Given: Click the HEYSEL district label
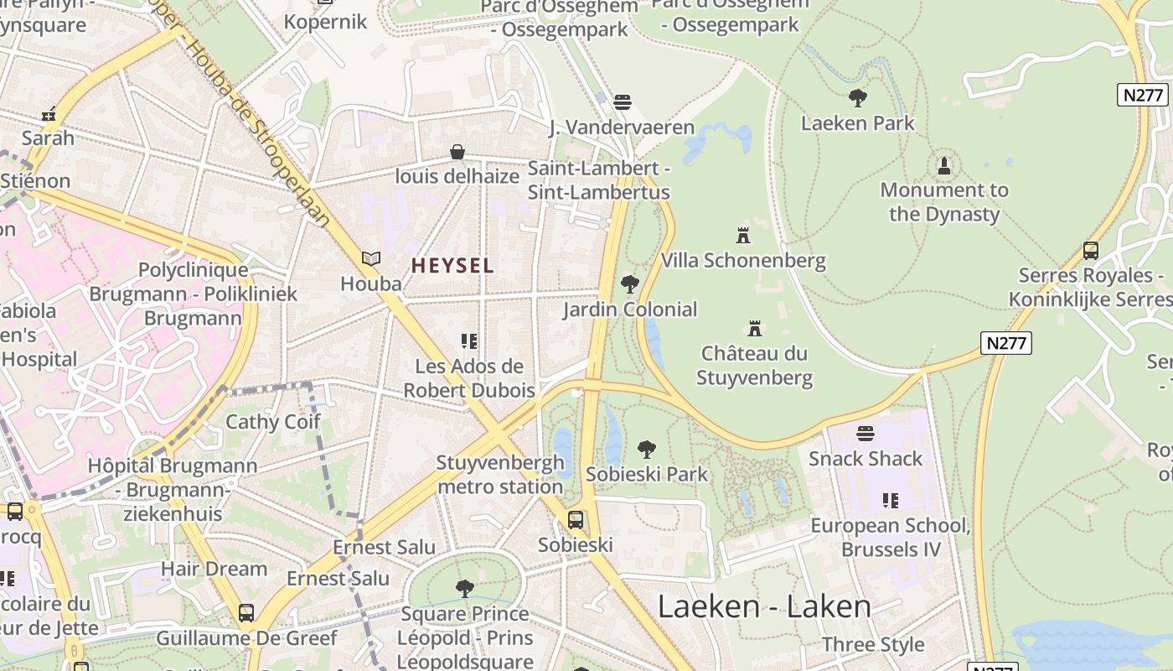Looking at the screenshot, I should (x=452, y=266).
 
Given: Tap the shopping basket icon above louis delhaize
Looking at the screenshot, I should (x=457, y=152).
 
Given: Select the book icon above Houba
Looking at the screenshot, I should (x=371, y=259).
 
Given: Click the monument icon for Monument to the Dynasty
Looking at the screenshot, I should (x=944, y=165).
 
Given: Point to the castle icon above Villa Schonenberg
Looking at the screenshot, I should (x=743, y=234).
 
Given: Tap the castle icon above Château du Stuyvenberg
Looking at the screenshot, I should (x=755, y=328).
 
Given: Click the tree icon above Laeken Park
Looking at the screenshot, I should (x=857, y=98).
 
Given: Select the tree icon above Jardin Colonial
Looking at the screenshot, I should (x=630, y=284).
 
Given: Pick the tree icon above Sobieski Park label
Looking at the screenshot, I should (x=647, y=450).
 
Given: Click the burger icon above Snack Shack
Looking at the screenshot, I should (x=866, y=434).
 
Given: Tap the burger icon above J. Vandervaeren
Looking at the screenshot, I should (x=622, y=102).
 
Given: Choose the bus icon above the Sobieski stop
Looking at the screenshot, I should (x=576, y=520).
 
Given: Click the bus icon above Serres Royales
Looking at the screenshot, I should (x=1091, y=250).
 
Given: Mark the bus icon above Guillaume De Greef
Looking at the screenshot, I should (x=246, y=613).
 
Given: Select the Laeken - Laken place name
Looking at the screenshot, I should (x=764, y=606).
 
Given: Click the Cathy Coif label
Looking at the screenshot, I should (x=273, y=421).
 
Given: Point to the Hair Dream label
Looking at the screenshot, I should (x=214, y=569).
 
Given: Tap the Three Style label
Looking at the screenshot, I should (x=873, y=644).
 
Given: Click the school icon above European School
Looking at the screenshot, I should (x=891, y=501).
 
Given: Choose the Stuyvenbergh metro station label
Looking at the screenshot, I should (x=500, y=475).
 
